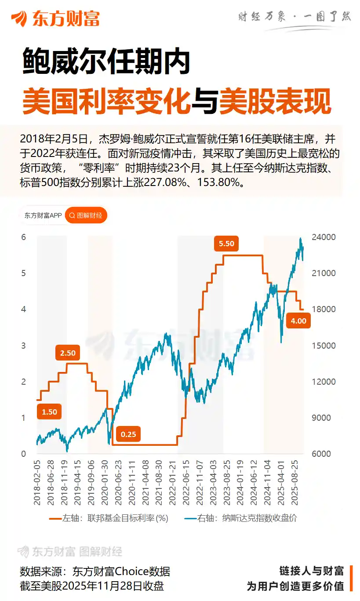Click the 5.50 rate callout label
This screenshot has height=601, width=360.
(x=226, y=244)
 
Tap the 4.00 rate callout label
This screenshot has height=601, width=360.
(x=298, y=321)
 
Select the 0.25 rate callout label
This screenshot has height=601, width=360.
(x=128, y=434)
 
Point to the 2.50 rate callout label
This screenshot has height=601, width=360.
(x=68, y=353)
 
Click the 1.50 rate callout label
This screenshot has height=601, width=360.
(x=49, y=412)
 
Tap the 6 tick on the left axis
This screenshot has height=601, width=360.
(x=24, y=237)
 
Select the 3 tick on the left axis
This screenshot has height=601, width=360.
(x=24, y=346)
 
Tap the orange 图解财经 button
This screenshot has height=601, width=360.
(x=86, y=215)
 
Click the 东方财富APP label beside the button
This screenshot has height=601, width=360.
(x=43, y=215)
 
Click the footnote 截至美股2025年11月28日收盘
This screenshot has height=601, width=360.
(x=92, y=586)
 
